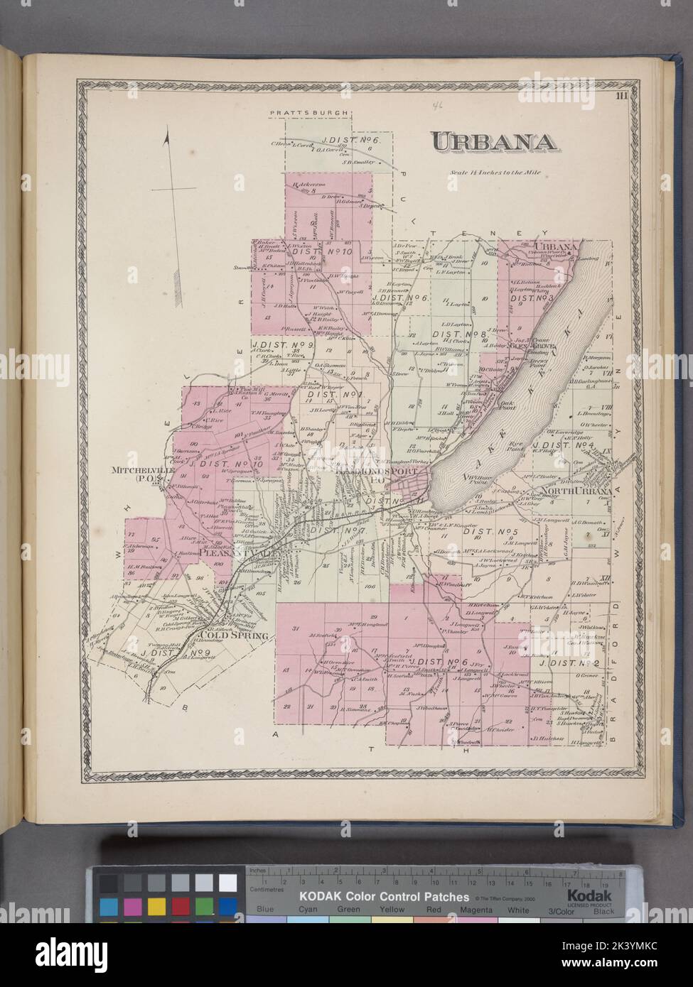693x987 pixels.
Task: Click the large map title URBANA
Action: point(495,142)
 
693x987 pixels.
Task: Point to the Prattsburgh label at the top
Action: point(306,112)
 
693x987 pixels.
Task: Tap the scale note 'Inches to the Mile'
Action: point(490,173)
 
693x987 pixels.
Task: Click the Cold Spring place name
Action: point(235,635)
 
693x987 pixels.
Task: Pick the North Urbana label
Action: point(579,491)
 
